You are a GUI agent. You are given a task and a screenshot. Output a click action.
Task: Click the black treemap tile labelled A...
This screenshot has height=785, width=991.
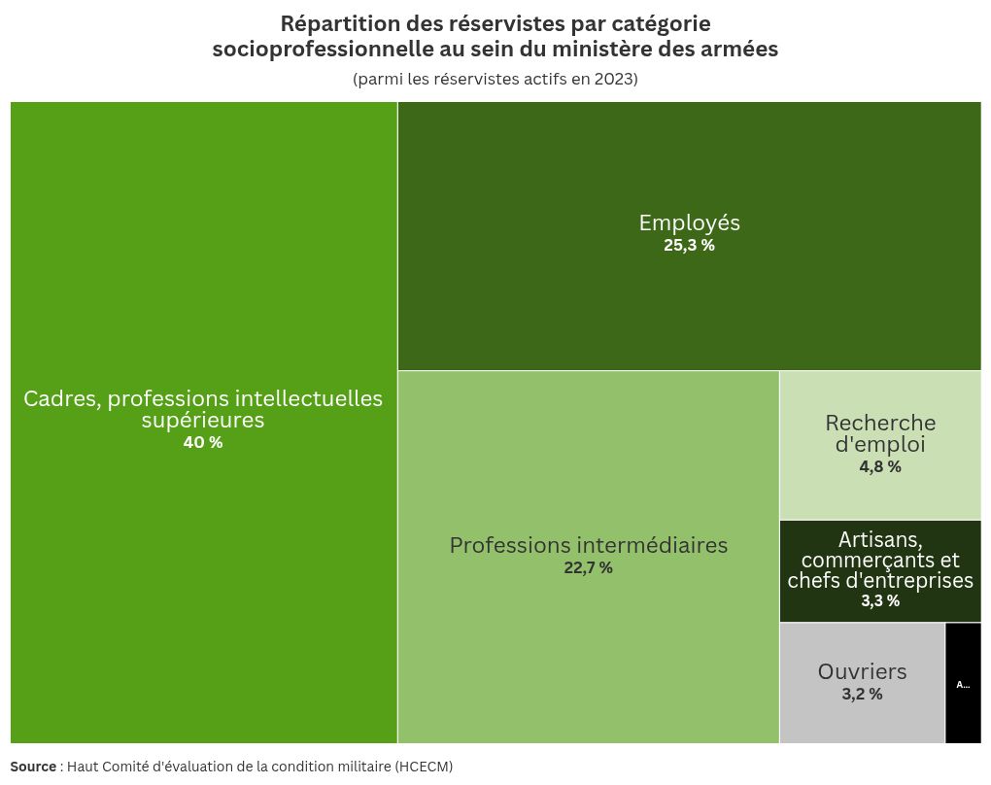pos(963,683)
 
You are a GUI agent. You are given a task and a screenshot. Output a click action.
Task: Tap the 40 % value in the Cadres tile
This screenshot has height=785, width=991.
pos(203,443)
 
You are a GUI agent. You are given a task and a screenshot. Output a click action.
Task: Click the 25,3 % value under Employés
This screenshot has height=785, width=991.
pos(689,246)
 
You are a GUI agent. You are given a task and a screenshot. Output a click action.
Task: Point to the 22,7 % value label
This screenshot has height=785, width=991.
pos(588,568)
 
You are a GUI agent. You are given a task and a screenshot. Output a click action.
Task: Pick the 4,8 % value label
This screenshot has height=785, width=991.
pos(880,467)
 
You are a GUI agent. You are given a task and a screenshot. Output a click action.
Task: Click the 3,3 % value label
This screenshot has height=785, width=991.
pos(880,601)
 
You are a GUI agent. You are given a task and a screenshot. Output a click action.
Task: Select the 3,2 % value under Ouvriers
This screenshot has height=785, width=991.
pos(862,695)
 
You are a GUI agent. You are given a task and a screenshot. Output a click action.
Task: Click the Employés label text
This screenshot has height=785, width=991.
pos(689,222)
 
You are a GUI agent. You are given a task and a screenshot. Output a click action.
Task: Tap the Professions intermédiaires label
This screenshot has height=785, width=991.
pos(588,545)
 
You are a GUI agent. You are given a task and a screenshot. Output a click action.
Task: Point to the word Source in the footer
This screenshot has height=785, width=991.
pos(33,767)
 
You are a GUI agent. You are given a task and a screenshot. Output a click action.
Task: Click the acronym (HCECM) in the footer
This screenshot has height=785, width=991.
pos(424,767)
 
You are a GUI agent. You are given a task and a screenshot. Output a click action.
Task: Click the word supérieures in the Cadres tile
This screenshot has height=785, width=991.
pos(203,421)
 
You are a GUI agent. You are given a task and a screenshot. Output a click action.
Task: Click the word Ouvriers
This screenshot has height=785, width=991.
pos(862,671)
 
